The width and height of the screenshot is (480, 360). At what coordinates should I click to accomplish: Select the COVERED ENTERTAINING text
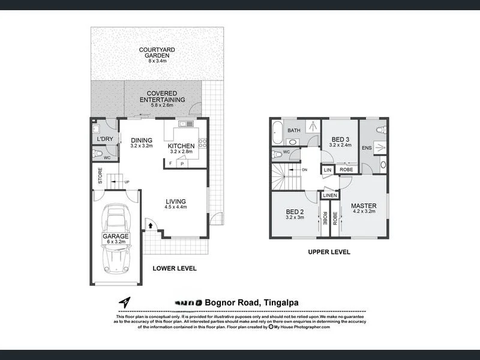162,96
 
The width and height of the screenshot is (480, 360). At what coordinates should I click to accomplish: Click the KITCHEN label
181,146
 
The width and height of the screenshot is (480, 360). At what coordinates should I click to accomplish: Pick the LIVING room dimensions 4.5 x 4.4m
176,208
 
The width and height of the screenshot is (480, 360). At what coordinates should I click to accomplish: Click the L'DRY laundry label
104,139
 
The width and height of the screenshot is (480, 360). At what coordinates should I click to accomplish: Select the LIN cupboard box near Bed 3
328,170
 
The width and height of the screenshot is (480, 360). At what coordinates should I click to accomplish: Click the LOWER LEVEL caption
174,268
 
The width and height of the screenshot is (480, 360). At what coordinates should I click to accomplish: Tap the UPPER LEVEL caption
329,252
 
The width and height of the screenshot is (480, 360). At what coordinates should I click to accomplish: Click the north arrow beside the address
124,302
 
